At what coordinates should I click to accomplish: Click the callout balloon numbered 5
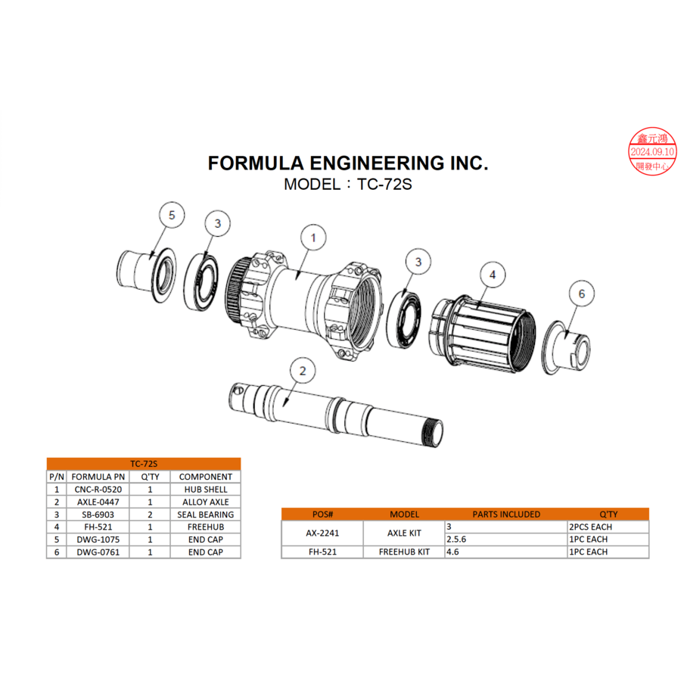(x=172, y=216)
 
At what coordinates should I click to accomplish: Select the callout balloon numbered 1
(x=313, y=238)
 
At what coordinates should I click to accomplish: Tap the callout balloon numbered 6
(x=581, y=294)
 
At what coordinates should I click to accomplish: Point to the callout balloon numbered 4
(x=493, y=275)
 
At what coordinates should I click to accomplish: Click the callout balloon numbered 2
(x=303, y=371)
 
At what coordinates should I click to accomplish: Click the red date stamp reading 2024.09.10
(x=652, y=151)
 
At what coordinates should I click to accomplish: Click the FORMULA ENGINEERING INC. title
(x=348, y=163)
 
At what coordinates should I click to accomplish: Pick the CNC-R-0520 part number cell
(x=98, y=490)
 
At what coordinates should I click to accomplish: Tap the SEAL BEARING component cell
(x=205, y=515)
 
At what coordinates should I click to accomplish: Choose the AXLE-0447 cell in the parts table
(x=98, y=502)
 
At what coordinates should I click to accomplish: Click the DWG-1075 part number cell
(x=98, y=540)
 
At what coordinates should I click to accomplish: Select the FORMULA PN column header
(x=98, y=477)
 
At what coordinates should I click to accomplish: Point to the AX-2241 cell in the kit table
(x=322, y=533)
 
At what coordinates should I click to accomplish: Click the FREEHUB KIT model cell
(x=404, y=552)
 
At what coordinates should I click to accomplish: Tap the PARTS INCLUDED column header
(x=506, y=514)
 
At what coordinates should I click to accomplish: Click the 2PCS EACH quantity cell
(x=590, y=527)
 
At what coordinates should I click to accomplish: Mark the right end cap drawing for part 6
(x=571, y=347)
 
